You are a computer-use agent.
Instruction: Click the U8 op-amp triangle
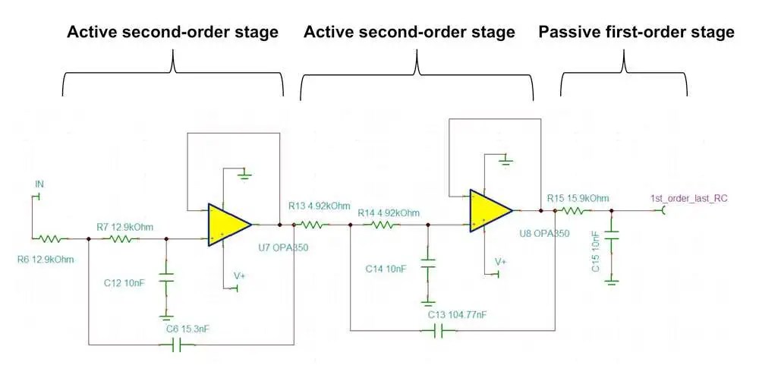489,210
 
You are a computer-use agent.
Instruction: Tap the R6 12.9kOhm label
46,260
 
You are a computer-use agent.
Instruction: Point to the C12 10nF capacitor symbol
164,277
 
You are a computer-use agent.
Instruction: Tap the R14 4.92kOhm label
388,213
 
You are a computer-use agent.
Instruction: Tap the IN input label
39,184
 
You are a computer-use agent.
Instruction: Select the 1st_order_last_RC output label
688,198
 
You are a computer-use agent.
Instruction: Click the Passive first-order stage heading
636,32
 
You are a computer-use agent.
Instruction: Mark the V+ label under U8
500,261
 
